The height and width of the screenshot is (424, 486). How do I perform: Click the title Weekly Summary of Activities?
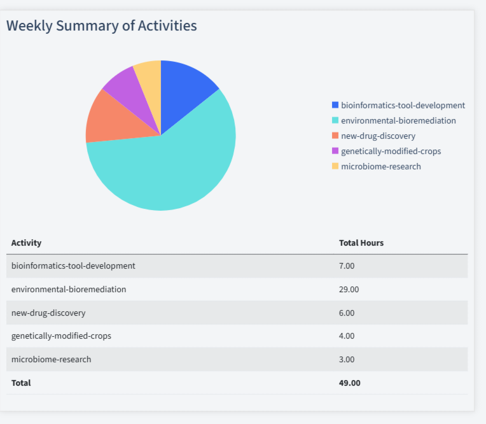(x=101, y=25)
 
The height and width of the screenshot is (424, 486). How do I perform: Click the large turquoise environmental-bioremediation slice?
(x=172, y=172)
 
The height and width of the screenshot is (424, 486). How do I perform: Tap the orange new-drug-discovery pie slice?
(x=111, y=118)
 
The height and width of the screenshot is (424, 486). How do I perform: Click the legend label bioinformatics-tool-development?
(x=403, y=105)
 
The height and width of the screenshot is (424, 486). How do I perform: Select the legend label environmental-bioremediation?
(x=398, y=120)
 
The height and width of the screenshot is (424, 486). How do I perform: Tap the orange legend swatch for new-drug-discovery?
(x=335, y=136)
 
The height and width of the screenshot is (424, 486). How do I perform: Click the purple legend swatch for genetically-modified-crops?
(x=335, y=151)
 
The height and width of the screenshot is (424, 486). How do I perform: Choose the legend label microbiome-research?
(x=380, y=166)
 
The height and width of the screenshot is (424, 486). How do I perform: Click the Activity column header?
(x=26, y=243)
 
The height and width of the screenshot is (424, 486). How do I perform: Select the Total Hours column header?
(x=361, y=243)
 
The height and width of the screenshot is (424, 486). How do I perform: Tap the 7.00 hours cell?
(x=347, y=265)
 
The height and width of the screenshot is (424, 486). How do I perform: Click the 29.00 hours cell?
(x=349, y=289)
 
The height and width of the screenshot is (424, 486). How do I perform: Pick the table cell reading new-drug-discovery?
(x=48, y=313)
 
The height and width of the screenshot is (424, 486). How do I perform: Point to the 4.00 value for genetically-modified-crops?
(x=347, y=336)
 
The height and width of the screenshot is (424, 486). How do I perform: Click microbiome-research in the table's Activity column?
(x=51, y=359)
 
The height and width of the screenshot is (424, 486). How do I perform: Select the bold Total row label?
(x=21, y=383)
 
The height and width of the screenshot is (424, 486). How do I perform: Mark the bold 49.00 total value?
(x=349, y=383)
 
